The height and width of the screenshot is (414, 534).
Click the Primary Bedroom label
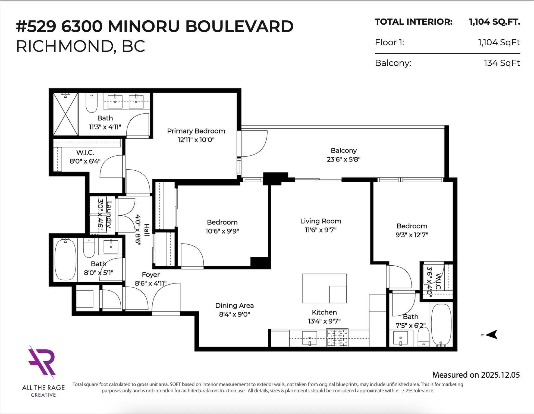[x=196, y=131]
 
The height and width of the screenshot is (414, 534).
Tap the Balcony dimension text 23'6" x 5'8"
[x=343, y=159]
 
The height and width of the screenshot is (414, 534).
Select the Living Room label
[x=321, y=221]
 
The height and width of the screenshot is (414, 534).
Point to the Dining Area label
[x=234, y=305]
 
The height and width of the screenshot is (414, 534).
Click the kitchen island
[x=324, y=288]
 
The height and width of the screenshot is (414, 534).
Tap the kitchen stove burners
[x=337, y=337]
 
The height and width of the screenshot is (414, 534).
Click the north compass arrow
[x=491, y=335]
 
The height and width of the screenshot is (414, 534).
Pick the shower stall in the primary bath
[x=66, y=114]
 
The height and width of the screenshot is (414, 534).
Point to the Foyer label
[x=151, y=275]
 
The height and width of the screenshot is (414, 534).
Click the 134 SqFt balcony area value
[x=502, y=63]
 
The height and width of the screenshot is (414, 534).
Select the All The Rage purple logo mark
[x=42, y=362]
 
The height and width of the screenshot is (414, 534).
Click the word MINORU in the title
[x=144, y=26]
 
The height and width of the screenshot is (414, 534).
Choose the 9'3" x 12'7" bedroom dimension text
[x=412, y=235]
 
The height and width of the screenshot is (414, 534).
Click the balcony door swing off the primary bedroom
[x=254, y=144]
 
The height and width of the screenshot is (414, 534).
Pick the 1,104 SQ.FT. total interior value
[x=495, y=22]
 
